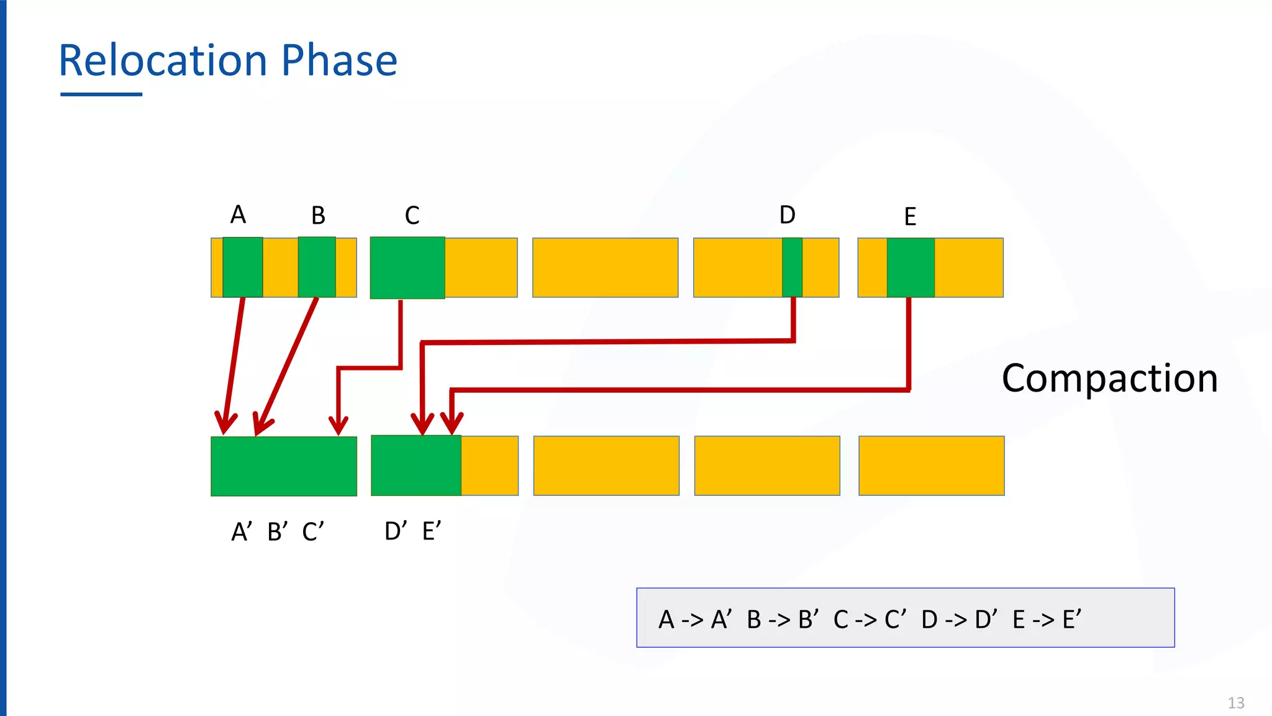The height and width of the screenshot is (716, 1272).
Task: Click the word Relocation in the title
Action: pyautogui.click(x=163, y=61)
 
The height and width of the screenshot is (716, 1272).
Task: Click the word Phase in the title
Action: pyautogui.click(x=339, y=61)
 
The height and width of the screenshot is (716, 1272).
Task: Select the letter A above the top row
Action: pyautogui.click(x=238, y=215)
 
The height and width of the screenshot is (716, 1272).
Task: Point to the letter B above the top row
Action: pyautogui.click(x=318, y=216)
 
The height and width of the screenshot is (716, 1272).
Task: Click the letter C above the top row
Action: pyautogui.click(x=412, y=216)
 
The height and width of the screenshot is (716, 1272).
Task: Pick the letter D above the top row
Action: pyautogui.click(x=787, y=215)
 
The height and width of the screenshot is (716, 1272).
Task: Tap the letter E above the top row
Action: pyautogui.click(x=910, y=217)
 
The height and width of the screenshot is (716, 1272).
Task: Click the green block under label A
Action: pyautogui.click(x=242, y=267)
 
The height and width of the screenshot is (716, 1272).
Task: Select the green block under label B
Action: pyautogui.click(x=317, y=267)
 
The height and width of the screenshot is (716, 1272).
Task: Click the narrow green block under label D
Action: pyautogui.click(x=792, y=267)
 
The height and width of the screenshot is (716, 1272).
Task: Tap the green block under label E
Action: pyautogui.click(x=911, y=267)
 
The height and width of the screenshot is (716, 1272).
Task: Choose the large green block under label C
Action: pyautogui.click(x=407, y=267)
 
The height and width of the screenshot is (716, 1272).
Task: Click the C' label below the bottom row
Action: pyautogui.click(x=313, y=532)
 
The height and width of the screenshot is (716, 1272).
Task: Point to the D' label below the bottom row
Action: pyautogui.click(x=396, y=531)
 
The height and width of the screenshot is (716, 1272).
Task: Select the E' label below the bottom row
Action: pyautogui.click(x=432, y=531)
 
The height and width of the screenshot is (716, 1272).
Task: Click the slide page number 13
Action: pyautogui.click(x=1236, y=703)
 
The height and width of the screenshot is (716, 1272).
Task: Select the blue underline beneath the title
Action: pyautogui.click(x=101, y=94)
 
